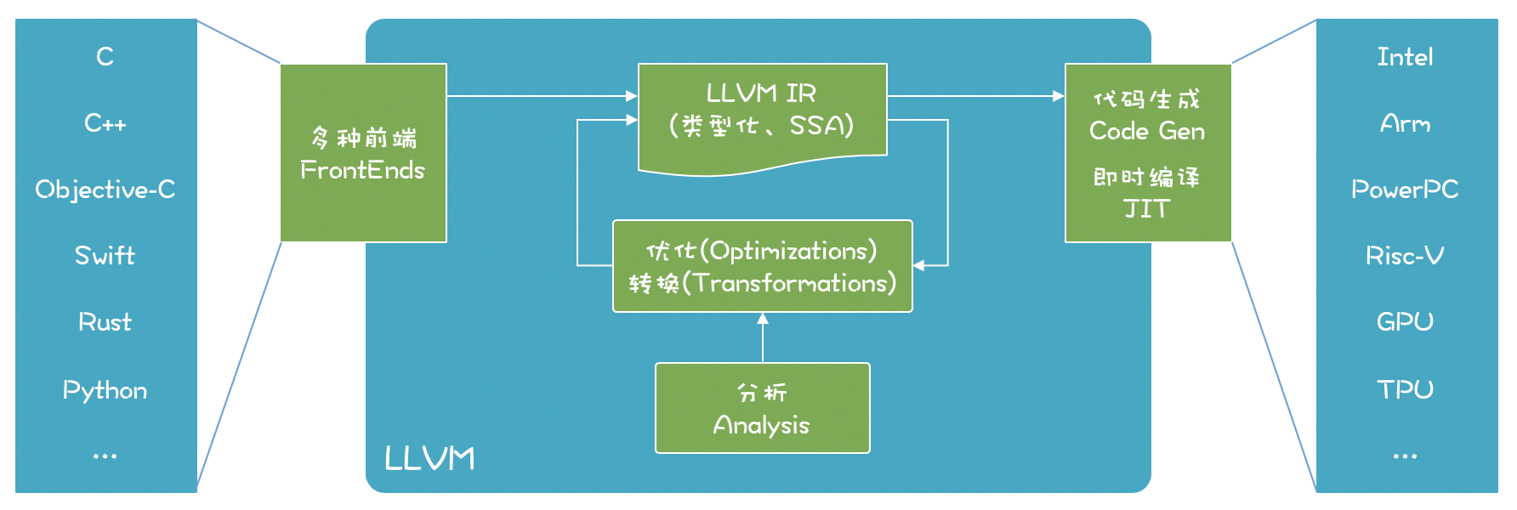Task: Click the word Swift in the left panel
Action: tap(105, 256)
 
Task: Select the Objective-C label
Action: tap(105, 190)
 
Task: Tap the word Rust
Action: tap(105, 322)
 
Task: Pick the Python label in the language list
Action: tap(105, 390)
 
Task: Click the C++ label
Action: tap(105, 123)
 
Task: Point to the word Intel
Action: tap(1405, 57)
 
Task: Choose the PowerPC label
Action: tap(1405, 190)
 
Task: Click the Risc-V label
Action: tap(1405, 256)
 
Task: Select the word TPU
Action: tap(1405, 389)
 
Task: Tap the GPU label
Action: tap(1405, 322)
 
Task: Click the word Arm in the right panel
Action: tap(1405, 124)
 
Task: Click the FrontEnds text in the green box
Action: tap(362, 170)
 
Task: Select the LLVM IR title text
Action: tap(761, 93)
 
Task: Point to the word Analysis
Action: tap(761, 425)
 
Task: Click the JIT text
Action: tap(1146, 209)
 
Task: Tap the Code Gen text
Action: tap(1146, 131)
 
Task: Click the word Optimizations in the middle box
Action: tap(792, 251)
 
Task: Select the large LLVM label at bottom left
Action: tap(429, 459)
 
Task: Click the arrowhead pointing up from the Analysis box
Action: tap(763, 319)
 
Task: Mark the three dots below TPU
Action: tap(1405, 456)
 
